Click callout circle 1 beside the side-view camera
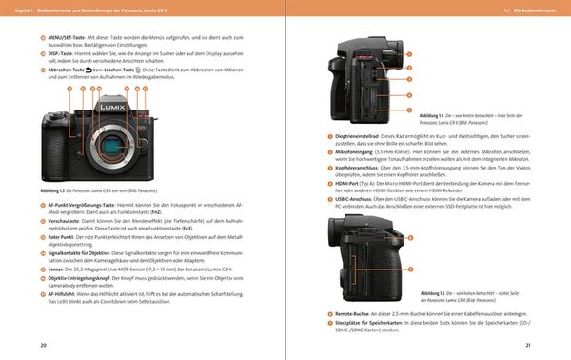408,54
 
